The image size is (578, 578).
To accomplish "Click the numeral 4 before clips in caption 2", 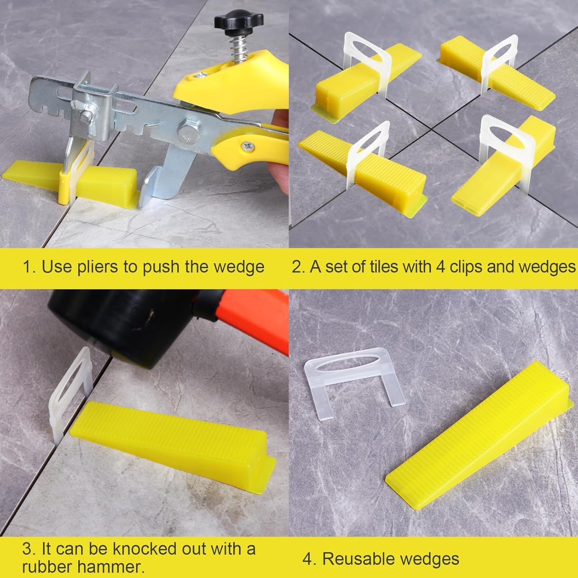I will point(440,267).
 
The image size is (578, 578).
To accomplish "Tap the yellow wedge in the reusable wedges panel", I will point(480,436).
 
